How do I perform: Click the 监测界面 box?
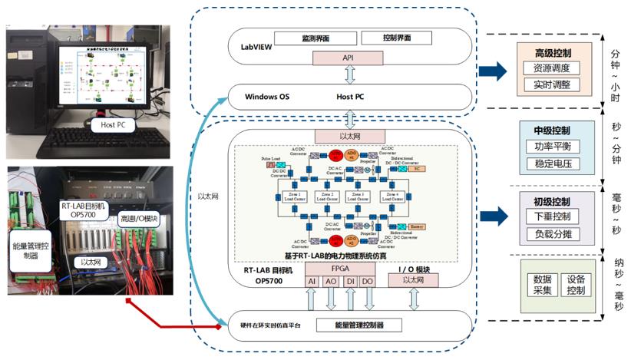[316, 38]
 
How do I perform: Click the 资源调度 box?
[550, 68]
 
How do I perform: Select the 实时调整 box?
[550, 86]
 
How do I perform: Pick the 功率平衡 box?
[551, 146]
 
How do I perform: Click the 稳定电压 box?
[551, 163]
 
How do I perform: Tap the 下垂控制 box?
[551, 217]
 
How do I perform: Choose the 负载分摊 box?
[551, 235]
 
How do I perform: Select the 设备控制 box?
[575, 285]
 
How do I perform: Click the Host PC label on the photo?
[109, 124]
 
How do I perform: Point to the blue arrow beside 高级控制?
[493, 71]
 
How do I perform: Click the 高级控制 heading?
[551, 52]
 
